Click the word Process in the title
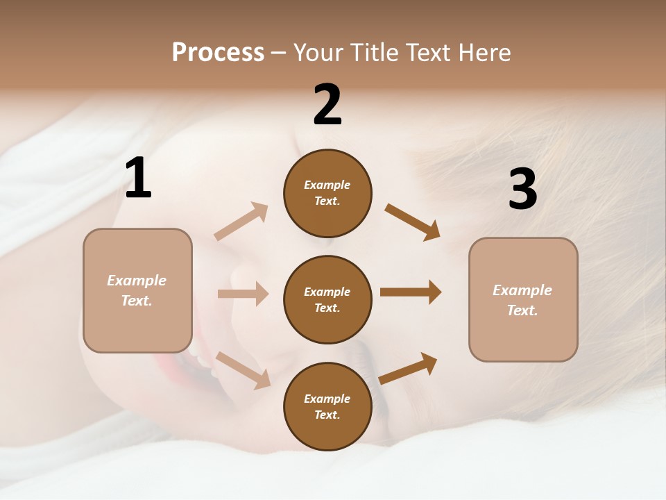(218, 52)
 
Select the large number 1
(138, 178)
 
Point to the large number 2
(327, 105)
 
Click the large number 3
(522, 190)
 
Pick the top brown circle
(327, 193)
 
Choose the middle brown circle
(327, 299)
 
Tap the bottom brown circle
(327, 406)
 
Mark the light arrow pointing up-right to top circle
(241, 222)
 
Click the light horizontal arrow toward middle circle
(243, 294)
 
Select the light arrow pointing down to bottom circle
(243, 369)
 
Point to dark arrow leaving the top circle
(412, 222)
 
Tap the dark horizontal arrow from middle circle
(411, 292)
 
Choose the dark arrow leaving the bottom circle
(408, 368)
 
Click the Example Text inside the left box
(137, 290)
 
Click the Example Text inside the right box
(522, 300)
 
